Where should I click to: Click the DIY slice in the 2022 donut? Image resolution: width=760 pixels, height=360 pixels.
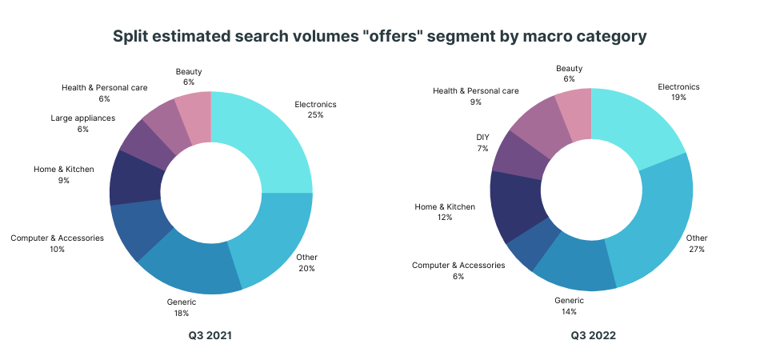(521, 152)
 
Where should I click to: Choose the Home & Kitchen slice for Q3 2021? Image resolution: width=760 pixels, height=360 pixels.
(134, 178)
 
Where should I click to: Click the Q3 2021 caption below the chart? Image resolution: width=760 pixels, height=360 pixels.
(210, 336)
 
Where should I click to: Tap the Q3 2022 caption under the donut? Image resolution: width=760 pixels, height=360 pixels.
(593, 336)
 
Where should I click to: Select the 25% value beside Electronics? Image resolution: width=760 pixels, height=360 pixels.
(315, 115)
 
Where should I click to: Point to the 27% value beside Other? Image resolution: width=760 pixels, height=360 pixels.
(697, 249)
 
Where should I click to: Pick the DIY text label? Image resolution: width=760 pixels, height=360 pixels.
(482, 137)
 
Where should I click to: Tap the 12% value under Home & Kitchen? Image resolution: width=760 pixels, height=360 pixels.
(445, 218)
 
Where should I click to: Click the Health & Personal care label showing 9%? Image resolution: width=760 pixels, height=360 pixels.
(476, 91)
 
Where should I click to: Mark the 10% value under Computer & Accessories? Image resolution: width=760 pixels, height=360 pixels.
(57, 249)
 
